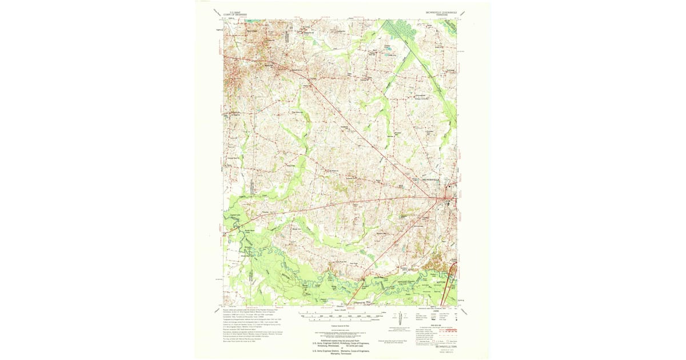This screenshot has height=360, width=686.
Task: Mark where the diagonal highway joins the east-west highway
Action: click(x=445, y=198)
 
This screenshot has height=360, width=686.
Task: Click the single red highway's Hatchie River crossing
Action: click(x=364, y=278)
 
